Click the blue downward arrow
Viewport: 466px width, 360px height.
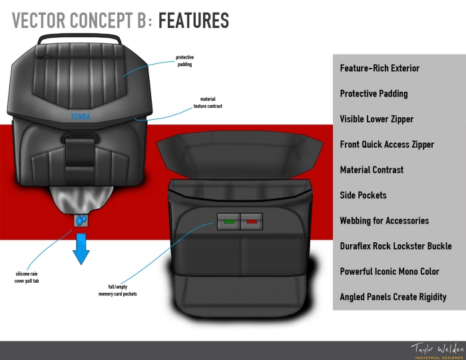click(x=81, y=246)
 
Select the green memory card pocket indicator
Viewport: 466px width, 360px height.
click(x=230, y=220)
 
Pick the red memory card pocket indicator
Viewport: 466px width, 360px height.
click(x=252, y=220)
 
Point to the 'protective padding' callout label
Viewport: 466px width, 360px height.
click(x=185, y=61)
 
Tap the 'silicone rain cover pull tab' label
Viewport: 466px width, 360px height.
click(x=31, y=277)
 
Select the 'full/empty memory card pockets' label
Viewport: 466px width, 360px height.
click(x=122, y=289)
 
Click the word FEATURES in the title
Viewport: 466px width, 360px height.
click(x=194, y=21)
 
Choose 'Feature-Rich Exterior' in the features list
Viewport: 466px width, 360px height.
click(x=379, y=69)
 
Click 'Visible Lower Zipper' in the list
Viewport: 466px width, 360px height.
click(x=376, y=119)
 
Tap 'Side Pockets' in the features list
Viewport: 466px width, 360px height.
click(x=363, y=195)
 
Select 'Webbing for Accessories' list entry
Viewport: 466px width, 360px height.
click(x=384, y=220)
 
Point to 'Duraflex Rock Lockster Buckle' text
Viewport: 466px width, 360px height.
click(x=395, y=246)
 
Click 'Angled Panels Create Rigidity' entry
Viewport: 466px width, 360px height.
click(x=393, y=297)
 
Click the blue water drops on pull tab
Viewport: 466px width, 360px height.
click(x=81, y=220)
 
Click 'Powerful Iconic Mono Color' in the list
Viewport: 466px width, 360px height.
click(x=389, y=271)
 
